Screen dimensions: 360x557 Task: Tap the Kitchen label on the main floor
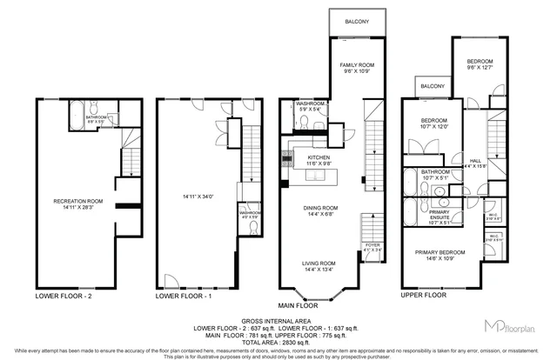318,157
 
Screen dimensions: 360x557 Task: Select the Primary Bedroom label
438,253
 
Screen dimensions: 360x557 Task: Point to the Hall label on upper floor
476,161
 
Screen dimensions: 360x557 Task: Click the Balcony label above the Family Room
356,22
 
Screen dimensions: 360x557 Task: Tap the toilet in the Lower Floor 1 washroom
252,228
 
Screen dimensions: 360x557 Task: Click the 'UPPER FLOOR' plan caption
424,296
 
